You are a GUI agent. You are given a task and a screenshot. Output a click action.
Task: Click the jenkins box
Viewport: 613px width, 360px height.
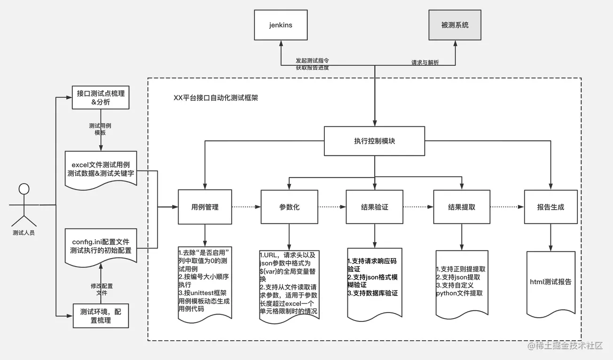click(x=281, y=25)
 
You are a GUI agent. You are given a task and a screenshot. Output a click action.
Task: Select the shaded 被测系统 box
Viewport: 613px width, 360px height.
click(x=455, y=25)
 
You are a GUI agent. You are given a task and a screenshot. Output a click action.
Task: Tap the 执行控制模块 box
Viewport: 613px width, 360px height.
click(x=374, y=141)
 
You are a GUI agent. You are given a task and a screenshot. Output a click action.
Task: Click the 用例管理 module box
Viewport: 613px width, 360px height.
click(x=204, y=206)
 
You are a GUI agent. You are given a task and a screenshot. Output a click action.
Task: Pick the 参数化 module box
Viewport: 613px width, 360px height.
click(x=289, y=206)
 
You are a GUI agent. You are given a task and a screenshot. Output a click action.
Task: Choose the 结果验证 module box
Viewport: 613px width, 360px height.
click(x=375, y=206)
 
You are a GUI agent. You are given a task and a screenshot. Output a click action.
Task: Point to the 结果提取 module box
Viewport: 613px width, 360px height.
click(x=462, y=206)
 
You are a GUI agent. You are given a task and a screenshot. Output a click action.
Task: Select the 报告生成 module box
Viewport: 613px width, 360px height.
click(x=550, y=206)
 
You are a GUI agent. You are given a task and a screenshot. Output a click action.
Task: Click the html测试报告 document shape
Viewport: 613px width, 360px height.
click(x=550, y=282)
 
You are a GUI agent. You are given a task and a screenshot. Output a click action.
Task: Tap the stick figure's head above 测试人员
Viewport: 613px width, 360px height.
click(x=24, y=189)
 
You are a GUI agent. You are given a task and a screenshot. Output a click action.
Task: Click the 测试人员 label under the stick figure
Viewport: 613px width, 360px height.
click(x=24, y=232)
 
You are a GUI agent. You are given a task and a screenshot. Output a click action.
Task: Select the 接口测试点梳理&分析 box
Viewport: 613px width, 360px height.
click(x=101, y=97)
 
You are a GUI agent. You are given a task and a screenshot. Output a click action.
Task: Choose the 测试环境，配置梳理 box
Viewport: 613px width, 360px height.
click(x=101, y=315)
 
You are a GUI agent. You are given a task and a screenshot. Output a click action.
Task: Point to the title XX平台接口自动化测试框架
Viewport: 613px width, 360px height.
click(x=216, y=98)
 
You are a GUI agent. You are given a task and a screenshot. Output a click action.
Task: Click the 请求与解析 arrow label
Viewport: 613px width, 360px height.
click(x=425, y=63)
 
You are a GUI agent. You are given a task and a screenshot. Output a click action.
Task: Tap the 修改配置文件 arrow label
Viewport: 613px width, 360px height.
click(x=102, y=289)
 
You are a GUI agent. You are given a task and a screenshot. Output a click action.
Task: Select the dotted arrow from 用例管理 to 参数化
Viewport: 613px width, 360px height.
click(x=246, y=206)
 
